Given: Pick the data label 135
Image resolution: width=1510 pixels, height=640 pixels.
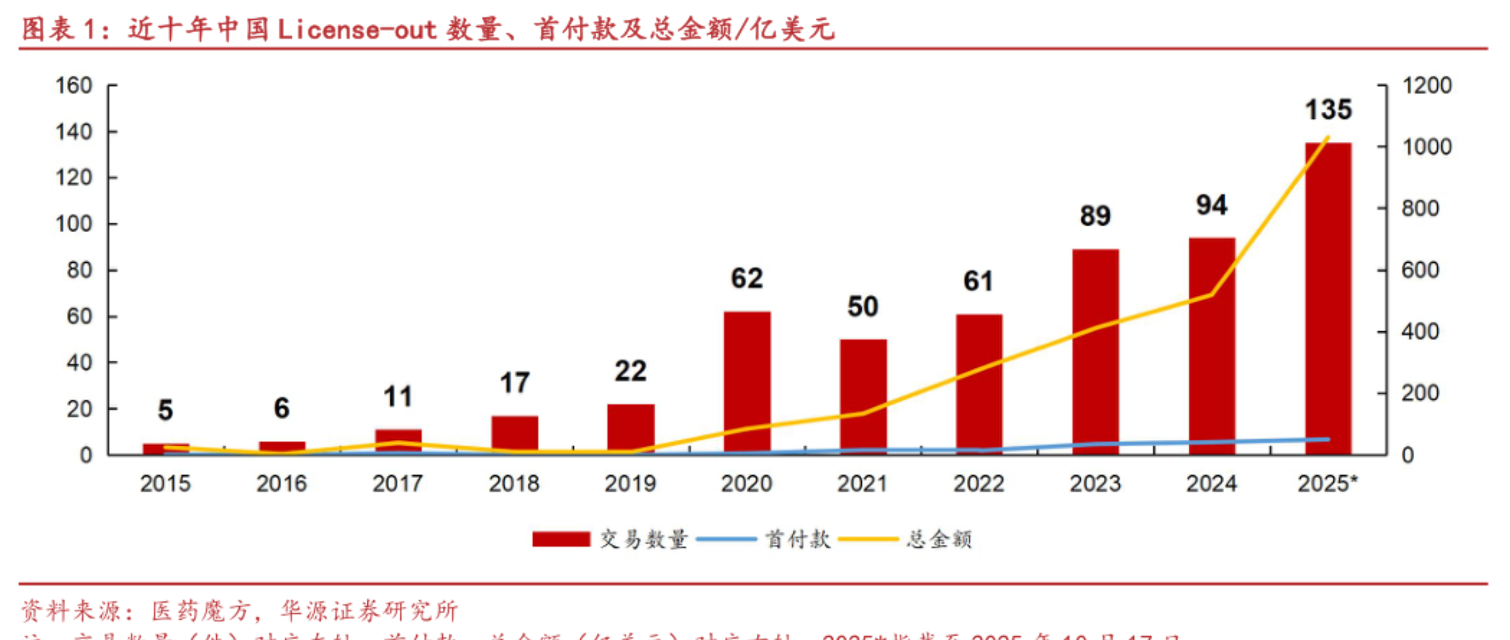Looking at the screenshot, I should [1328, 110].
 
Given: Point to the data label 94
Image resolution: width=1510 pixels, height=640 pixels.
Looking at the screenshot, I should [1211, 205].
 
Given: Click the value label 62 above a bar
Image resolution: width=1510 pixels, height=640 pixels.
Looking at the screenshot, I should [747, 279].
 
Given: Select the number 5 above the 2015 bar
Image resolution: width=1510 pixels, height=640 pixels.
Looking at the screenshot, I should [165, 410].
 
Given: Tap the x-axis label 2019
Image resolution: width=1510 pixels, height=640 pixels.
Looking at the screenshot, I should [630, 484].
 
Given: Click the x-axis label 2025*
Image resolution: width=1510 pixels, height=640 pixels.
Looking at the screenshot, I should [1327, 484].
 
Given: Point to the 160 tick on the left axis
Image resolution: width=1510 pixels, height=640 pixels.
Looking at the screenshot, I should [74, 86].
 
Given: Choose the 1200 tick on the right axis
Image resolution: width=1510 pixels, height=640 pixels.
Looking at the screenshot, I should [1427, 86].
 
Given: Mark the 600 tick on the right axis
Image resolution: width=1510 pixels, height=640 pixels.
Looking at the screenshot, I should [1420, 270].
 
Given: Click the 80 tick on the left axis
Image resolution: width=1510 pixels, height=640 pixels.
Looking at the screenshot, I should [79, 270].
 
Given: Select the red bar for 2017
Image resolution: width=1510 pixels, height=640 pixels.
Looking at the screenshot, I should [398, 441].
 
